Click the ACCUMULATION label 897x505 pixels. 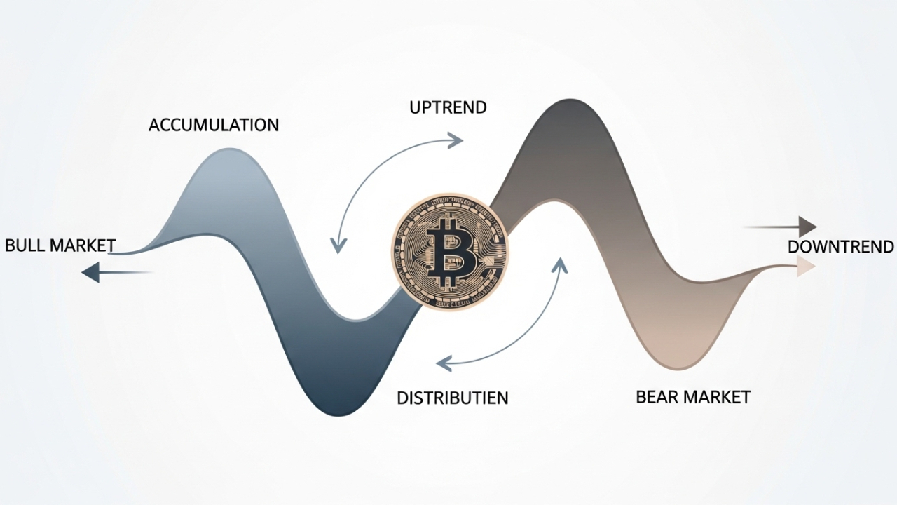point(214,125)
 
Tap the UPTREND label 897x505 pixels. point(448,107)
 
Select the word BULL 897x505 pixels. point(25,245)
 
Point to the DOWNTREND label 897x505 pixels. point(840,247)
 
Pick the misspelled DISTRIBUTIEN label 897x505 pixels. point(453,398)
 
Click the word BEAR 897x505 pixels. point(658,396)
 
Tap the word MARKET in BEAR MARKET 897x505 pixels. point(718,396)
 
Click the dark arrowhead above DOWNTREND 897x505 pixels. point(808,227)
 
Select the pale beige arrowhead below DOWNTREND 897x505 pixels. point(807,267)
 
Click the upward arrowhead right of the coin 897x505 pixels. point(559,264)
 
